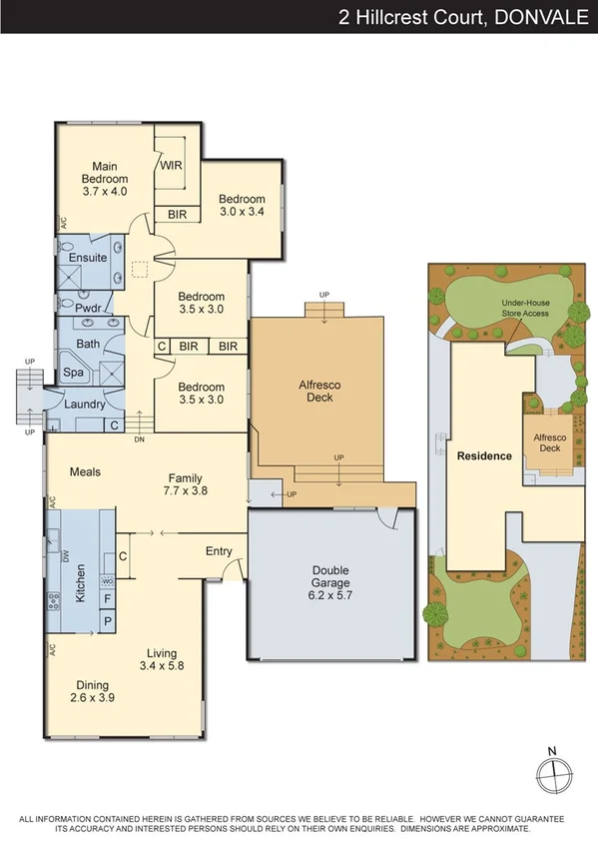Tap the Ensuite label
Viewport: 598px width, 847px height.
coord(88,258)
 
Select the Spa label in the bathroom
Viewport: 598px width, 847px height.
coord(74,372)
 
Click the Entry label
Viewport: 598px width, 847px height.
coord(219,551)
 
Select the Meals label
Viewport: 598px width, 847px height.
coord(86,471)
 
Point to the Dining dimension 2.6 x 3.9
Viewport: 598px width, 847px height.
coord(93,699)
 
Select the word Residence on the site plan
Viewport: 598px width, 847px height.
coord(484,455)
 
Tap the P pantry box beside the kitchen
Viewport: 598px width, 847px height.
coord(107,621)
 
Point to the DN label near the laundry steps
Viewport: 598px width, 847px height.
coord(140,439)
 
